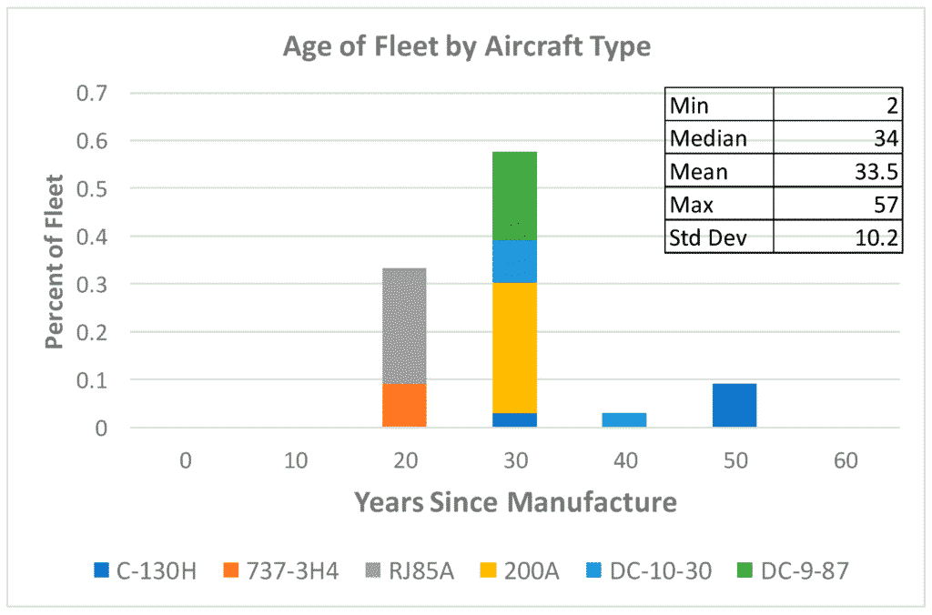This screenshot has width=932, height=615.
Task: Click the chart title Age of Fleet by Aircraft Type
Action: click(x=466, y=46)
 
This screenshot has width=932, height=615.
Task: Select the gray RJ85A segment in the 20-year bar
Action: click(x=404, y=325)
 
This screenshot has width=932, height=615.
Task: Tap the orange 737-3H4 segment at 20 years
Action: click(x=404, y=405)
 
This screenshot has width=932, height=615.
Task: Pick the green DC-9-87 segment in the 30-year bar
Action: click(x=514, y=196)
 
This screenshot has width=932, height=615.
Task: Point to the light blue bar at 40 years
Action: click(x=624, y=419)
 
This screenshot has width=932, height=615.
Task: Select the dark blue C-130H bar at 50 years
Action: click(x=734, y=405)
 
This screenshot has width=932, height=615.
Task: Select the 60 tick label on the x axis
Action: click(x=845, y=460)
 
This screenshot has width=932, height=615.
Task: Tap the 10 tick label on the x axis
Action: click(x=294, y=460)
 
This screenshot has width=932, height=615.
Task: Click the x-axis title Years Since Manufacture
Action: click(x=514, y=501)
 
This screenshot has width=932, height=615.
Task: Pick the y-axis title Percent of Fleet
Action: click(x=56, y=261)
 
